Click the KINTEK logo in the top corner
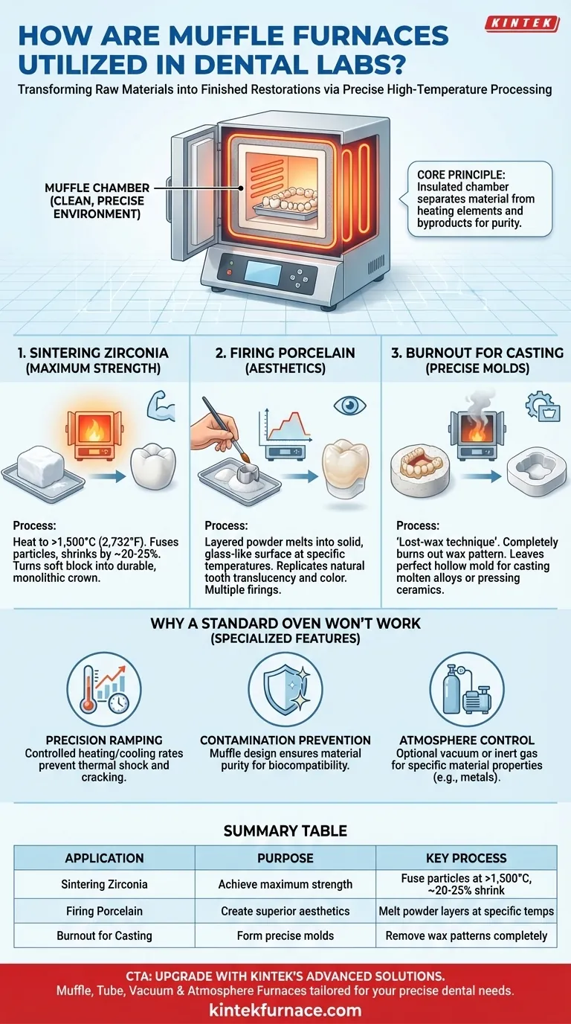pos(522,23)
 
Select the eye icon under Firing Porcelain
pos(350,405)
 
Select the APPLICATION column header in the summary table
pos(104,858)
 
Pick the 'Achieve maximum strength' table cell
pos(285,884)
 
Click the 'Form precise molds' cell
pos(285,935)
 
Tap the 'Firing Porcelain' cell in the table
pos(104,911)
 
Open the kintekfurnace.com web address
pos(285,1010)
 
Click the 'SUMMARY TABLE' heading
pos(285,831)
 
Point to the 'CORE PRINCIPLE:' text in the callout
pos(462,175)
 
